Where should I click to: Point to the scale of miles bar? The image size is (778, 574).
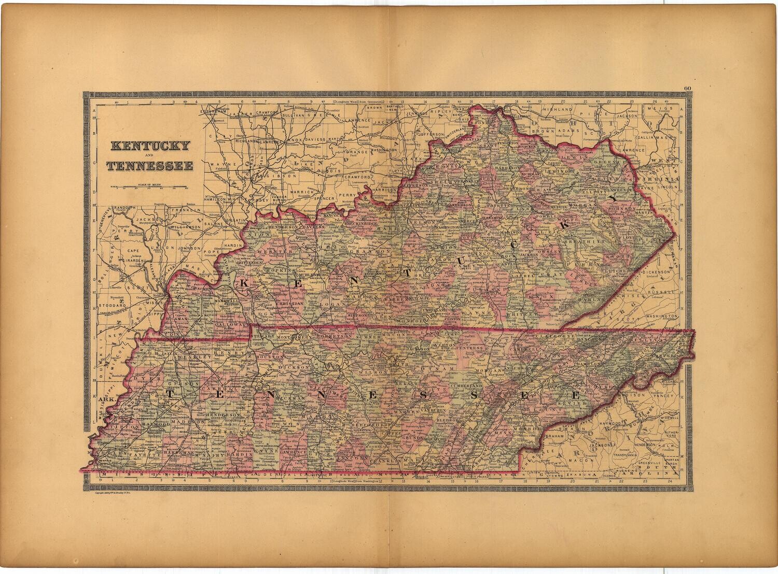pyautogui.click(x=150, y=186)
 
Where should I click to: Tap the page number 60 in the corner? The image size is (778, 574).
pyautogui.click(x=688, y=88)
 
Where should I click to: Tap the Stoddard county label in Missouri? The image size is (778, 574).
pyautogui.click(x=113, y=306)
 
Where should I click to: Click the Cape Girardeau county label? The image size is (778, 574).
pyautogui.click(x=130, y=254)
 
